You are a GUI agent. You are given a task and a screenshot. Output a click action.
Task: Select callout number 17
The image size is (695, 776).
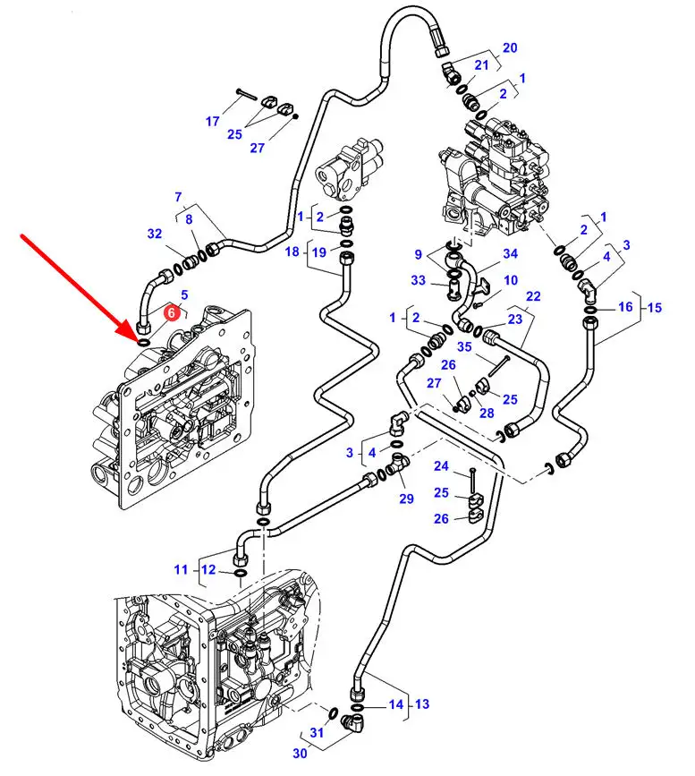coord(213,122)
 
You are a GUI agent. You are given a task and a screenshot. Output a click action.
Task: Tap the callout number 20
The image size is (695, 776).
coord(509,47)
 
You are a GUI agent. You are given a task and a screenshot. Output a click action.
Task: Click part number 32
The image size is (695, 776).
coord(155,235)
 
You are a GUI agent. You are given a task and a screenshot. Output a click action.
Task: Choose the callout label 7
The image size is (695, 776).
coord(178,197)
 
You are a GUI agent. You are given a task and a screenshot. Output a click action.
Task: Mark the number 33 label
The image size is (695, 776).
coord(418,280)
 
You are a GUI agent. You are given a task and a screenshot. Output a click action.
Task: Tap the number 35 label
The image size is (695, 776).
coord(464,346)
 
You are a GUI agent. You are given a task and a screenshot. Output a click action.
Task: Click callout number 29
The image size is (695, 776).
coord(406,499)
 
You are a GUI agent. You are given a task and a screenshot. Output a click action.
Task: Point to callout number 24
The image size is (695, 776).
coord(442,465)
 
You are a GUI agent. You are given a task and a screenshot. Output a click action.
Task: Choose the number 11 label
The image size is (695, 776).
coord(181,569)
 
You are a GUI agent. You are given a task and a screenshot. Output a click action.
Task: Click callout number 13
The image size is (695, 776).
coord(421,704)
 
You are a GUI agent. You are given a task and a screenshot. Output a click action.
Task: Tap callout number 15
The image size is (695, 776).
coord(656,308)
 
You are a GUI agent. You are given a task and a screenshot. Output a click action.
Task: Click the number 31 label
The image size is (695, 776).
coord(317,733)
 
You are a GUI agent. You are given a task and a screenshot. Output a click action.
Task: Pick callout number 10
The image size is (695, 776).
coord(510,280)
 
